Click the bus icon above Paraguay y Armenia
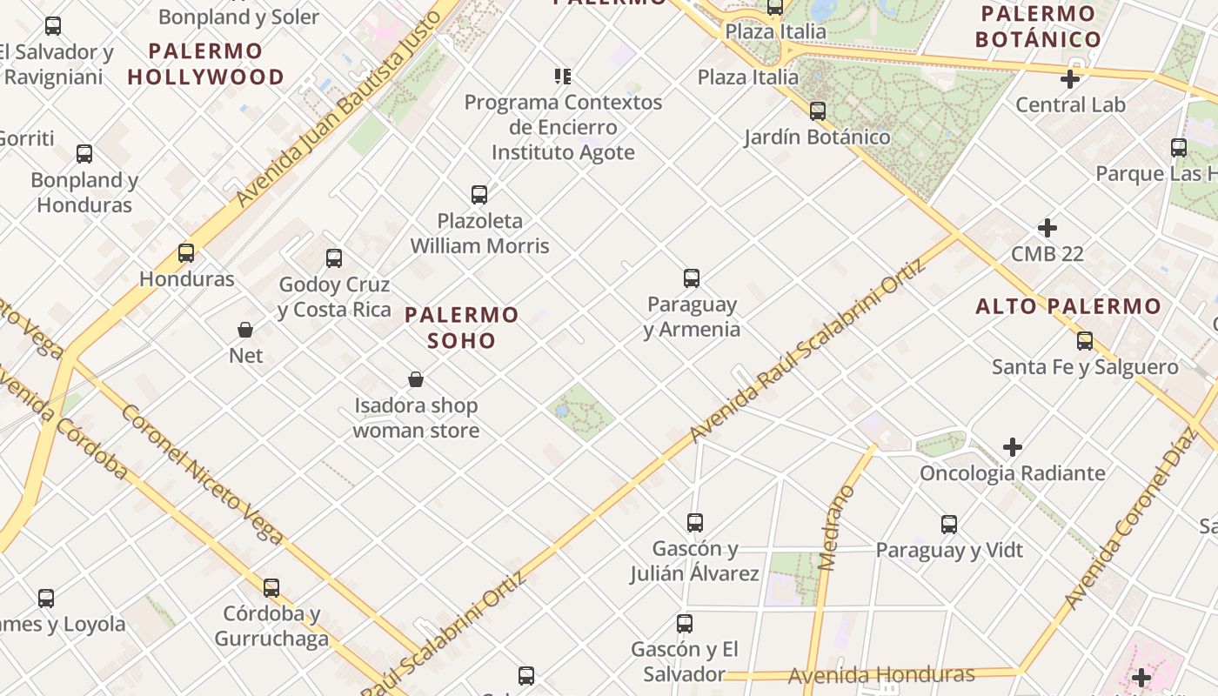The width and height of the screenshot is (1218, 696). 692,278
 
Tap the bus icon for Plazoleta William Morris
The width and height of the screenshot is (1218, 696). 478,194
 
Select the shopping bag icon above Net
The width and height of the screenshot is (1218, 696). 245,330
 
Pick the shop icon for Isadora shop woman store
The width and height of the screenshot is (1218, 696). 416,379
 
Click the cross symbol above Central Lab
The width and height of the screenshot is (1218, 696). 1070,79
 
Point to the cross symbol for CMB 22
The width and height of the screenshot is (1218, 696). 1047,228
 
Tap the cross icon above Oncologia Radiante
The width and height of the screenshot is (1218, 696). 1013,447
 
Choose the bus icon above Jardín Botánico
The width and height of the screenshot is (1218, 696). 817,111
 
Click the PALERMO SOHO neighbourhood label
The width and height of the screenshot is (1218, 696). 462,327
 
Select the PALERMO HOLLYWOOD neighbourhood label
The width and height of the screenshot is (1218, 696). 206,64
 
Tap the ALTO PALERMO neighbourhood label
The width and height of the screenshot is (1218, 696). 1068,306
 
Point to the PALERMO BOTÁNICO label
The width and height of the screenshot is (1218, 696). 1038,27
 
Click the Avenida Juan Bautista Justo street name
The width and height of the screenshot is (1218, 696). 345,103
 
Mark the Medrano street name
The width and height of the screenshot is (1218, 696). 837,528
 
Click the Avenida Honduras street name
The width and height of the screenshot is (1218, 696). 881,675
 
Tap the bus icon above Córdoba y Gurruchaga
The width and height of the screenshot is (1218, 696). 271,587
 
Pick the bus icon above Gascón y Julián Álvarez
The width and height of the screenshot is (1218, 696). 694,522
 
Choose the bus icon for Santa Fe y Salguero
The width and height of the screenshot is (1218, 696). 1085,340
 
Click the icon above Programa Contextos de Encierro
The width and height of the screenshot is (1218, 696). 563,77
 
